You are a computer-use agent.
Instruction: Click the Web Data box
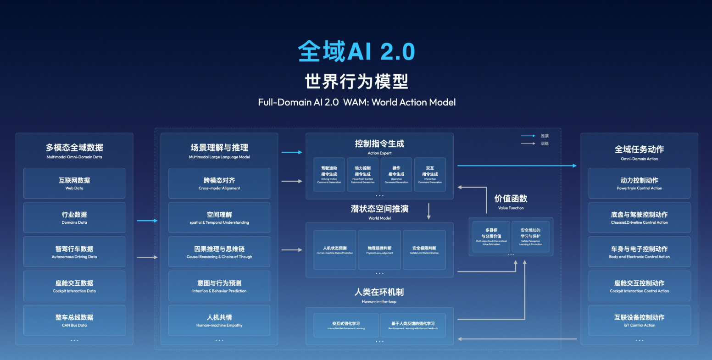pyautogui.click(x=74, y=183)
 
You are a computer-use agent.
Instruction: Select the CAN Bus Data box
pyautogui.click(x=74, y=320)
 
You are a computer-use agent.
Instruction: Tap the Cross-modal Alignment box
pyautogui.click(x=219, y=183)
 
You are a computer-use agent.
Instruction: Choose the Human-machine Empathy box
pyautogui.click(x=219, y=320)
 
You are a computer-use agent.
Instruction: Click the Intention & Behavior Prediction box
pyautogui.click(x=219, y=286)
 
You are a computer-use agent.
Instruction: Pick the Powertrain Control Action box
pyautogui.click(x=639, y=183)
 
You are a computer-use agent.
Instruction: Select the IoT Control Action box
pyautogui.click(x=639, y=320)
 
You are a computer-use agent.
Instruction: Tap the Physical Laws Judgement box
pyautogui.click(x=379, y=249)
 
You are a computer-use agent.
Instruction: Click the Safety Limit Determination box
pyautogui.click(x=424, y=249)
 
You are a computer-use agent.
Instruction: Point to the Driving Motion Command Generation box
pyautogui.click(x=329, y=174)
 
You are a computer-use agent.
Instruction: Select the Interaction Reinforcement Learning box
pyautogui.click(x=346, y=325)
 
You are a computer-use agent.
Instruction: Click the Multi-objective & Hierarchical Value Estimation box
pyautogui.click(x=491, y=236)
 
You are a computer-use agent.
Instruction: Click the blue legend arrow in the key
pyautogui.click(x=528, y=136)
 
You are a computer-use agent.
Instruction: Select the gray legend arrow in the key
pyautogui.click(x=528, y=144)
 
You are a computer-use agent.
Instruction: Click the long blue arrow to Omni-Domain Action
pyautogui.click(x=517, y=166)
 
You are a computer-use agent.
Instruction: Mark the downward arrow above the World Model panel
pyautogui.click(x=429, y=211)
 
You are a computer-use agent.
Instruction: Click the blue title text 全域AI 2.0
pyautogui.click(x=356, y=51)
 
